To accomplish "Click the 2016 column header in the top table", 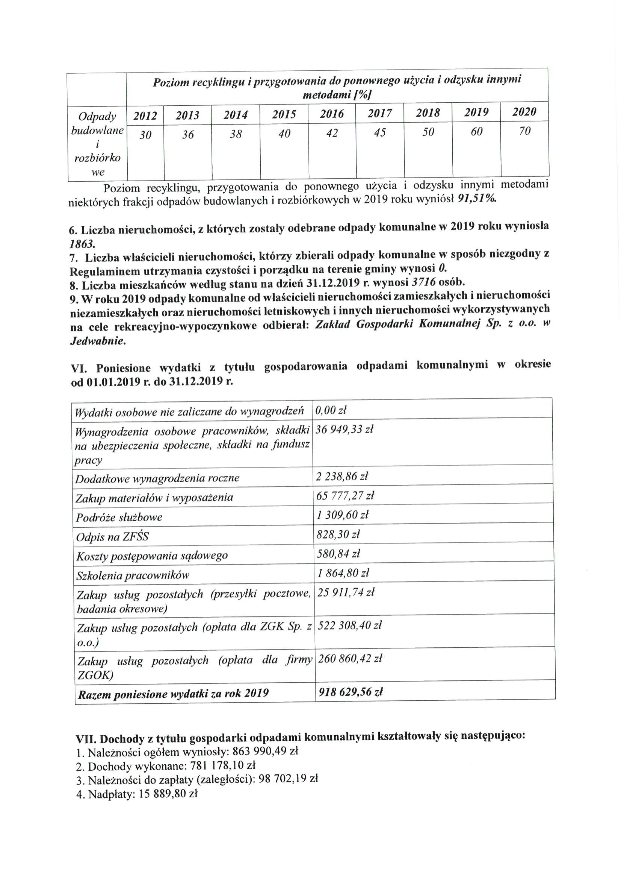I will coord(331,114).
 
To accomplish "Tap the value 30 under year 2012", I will coord(145,135).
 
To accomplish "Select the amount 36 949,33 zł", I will coord(344,430).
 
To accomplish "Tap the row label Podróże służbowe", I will coord(119,518).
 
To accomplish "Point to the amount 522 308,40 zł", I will coord(350,625).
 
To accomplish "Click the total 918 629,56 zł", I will coord(350,692).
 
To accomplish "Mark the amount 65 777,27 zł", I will coord(345,496).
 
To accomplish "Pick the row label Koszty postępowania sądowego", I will coord(152,556).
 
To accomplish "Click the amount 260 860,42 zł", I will coord(350,659).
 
